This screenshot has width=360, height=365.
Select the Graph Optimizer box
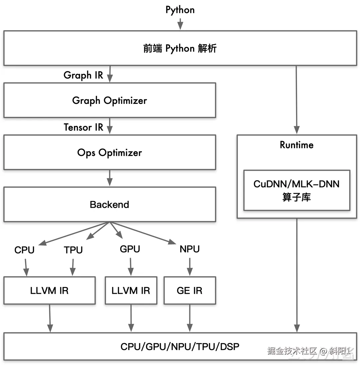[x=110, y=100]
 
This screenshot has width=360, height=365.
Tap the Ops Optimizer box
[x=110, y=153]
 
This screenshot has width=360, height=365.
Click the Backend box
[x=110, y=204]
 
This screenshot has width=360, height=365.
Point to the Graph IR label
[x=83, y=75]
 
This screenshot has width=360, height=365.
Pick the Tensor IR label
[x=83, y=127]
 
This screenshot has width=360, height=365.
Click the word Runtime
[x=297, y=145]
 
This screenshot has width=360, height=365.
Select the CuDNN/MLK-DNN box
[x=297, y=190]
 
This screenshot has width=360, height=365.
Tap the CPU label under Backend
[x=24, y=250]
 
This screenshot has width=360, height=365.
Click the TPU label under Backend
[x=73, y=250]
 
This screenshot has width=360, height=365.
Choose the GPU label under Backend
[x=130, y=249]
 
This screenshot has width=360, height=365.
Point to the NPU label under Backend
[x=190, y=249]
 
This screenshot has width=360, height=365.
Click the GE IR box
[x=190, y=290]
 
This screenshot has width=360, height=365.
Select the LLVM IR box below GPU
[x=131, y=290]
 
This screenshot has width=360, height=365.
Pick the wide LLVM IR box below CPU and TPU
[x=50, y=290]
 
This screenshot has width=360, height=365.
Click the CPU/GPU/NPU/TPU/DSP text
[x=180, y=347]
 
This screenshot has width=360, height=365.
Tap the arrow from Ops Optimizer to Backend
[x=110, y=178]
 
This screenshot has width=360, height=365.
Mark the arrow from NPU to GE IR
[x=190, y=267]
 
